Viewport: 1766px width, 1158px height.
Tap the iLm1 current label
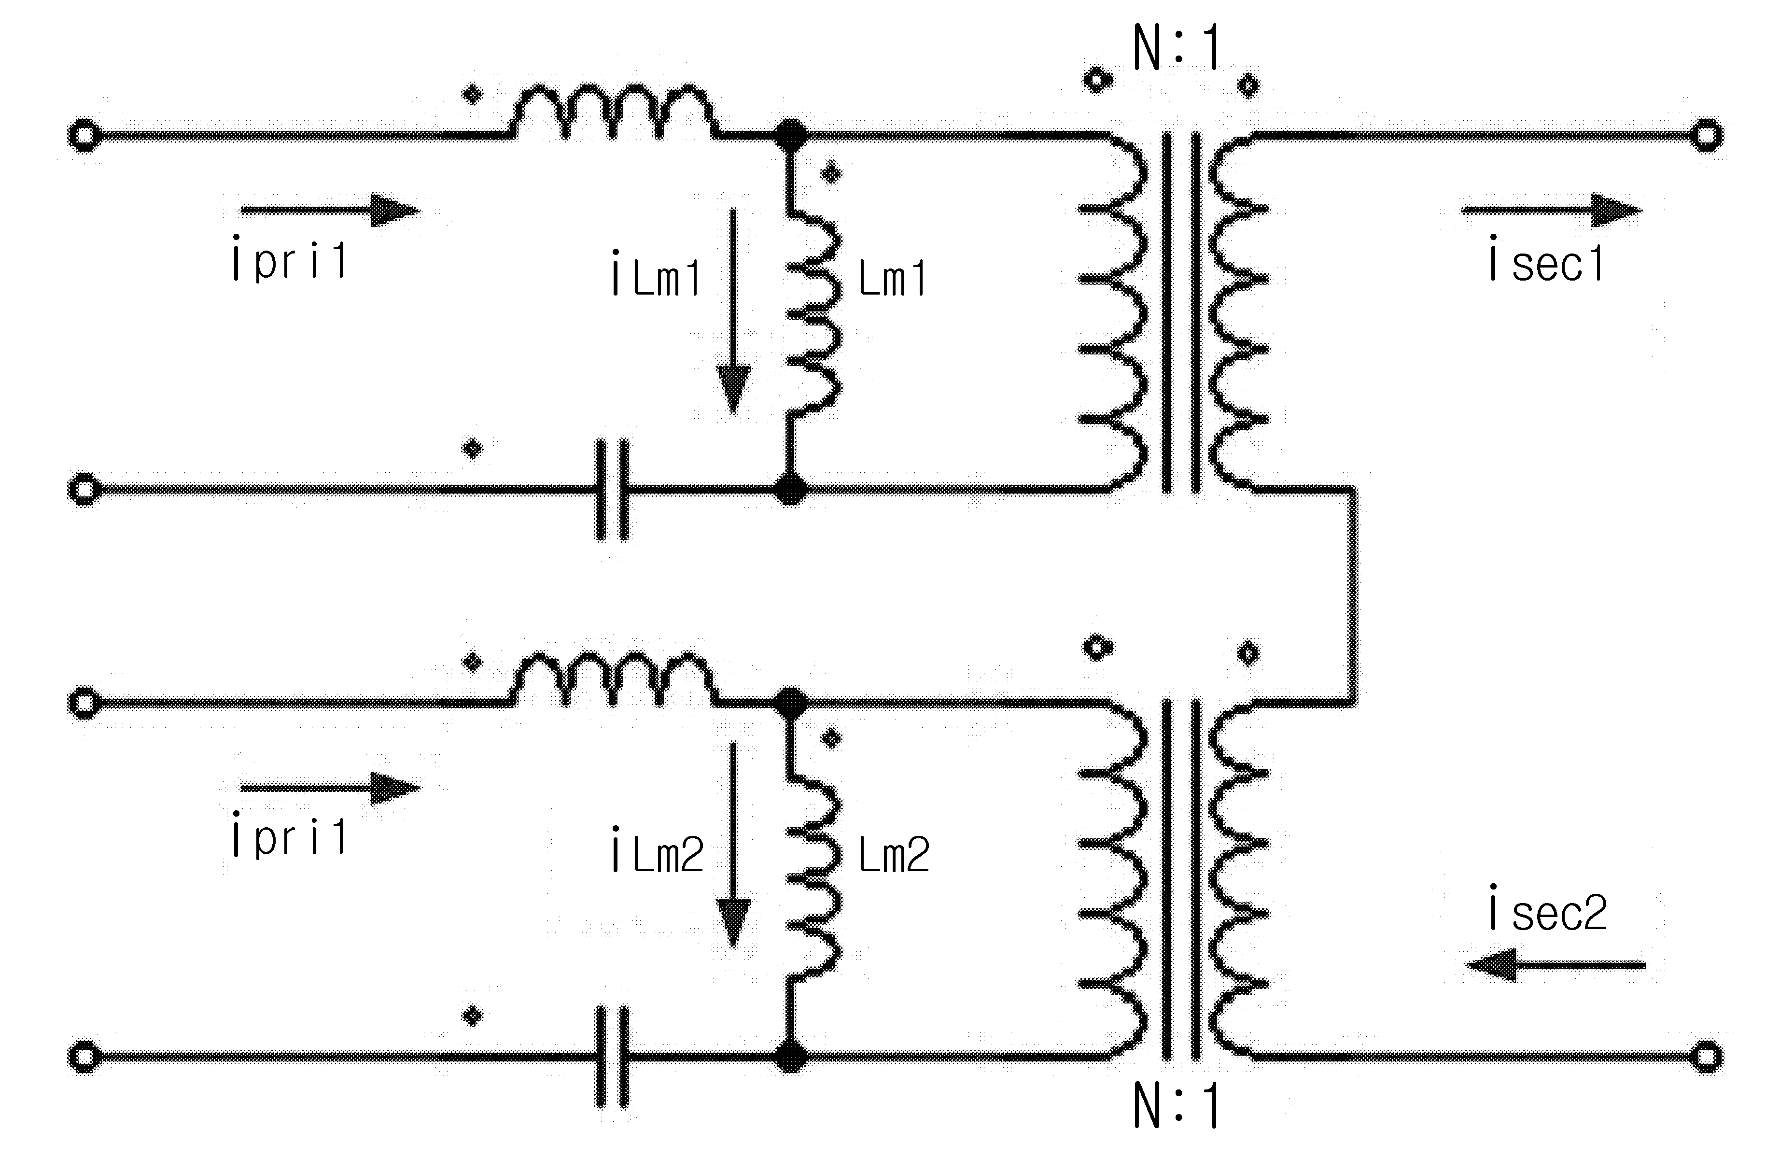[657, 274]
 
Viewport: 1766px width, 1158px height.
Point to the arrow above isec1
[1552, 211]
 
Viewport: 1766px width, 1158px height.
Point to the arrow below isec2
[1556, 965]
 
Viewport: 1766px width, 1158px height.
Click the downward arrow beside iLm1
[733, 312]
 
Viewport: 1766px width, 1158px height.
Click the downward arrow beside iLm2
[733, 846]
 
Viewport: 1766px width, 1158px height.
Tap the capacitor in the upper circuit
[613, 490]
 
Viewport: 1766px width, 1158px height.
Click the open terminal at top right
[1707, 136]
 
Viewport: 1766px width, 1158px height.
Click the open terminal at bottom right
[1707, 1056]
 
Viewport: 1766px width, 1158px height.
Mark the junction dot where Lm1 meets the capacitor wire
[790, 490]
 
